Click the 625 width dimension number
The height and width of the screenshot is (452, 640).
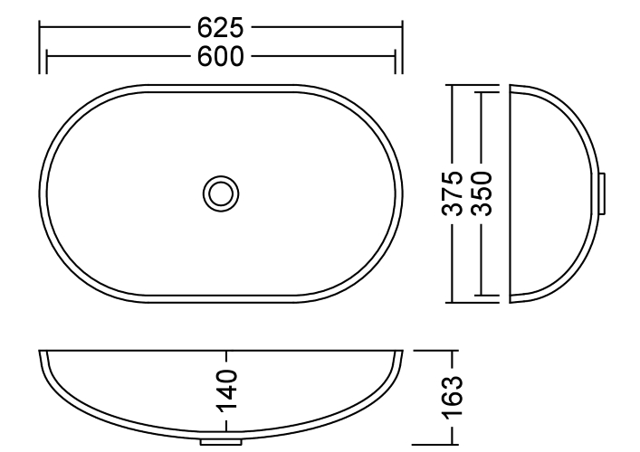220,28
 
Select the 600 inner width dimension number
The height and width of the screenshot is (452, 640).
220,56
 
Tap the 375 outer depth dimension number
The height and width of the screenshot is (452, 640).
453,193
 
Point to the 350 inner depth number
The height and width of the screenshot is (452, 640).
482,193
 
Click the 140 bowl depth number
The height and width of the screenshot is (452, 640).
226,391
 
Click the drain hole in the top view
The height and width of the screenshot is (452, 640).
221,193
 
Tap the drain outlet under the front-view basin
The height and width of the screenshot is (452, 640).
221,441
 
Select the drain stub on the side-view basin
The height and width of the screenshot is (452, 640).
602,193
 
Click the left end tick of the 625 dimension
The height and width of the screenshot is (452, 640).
40,47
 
